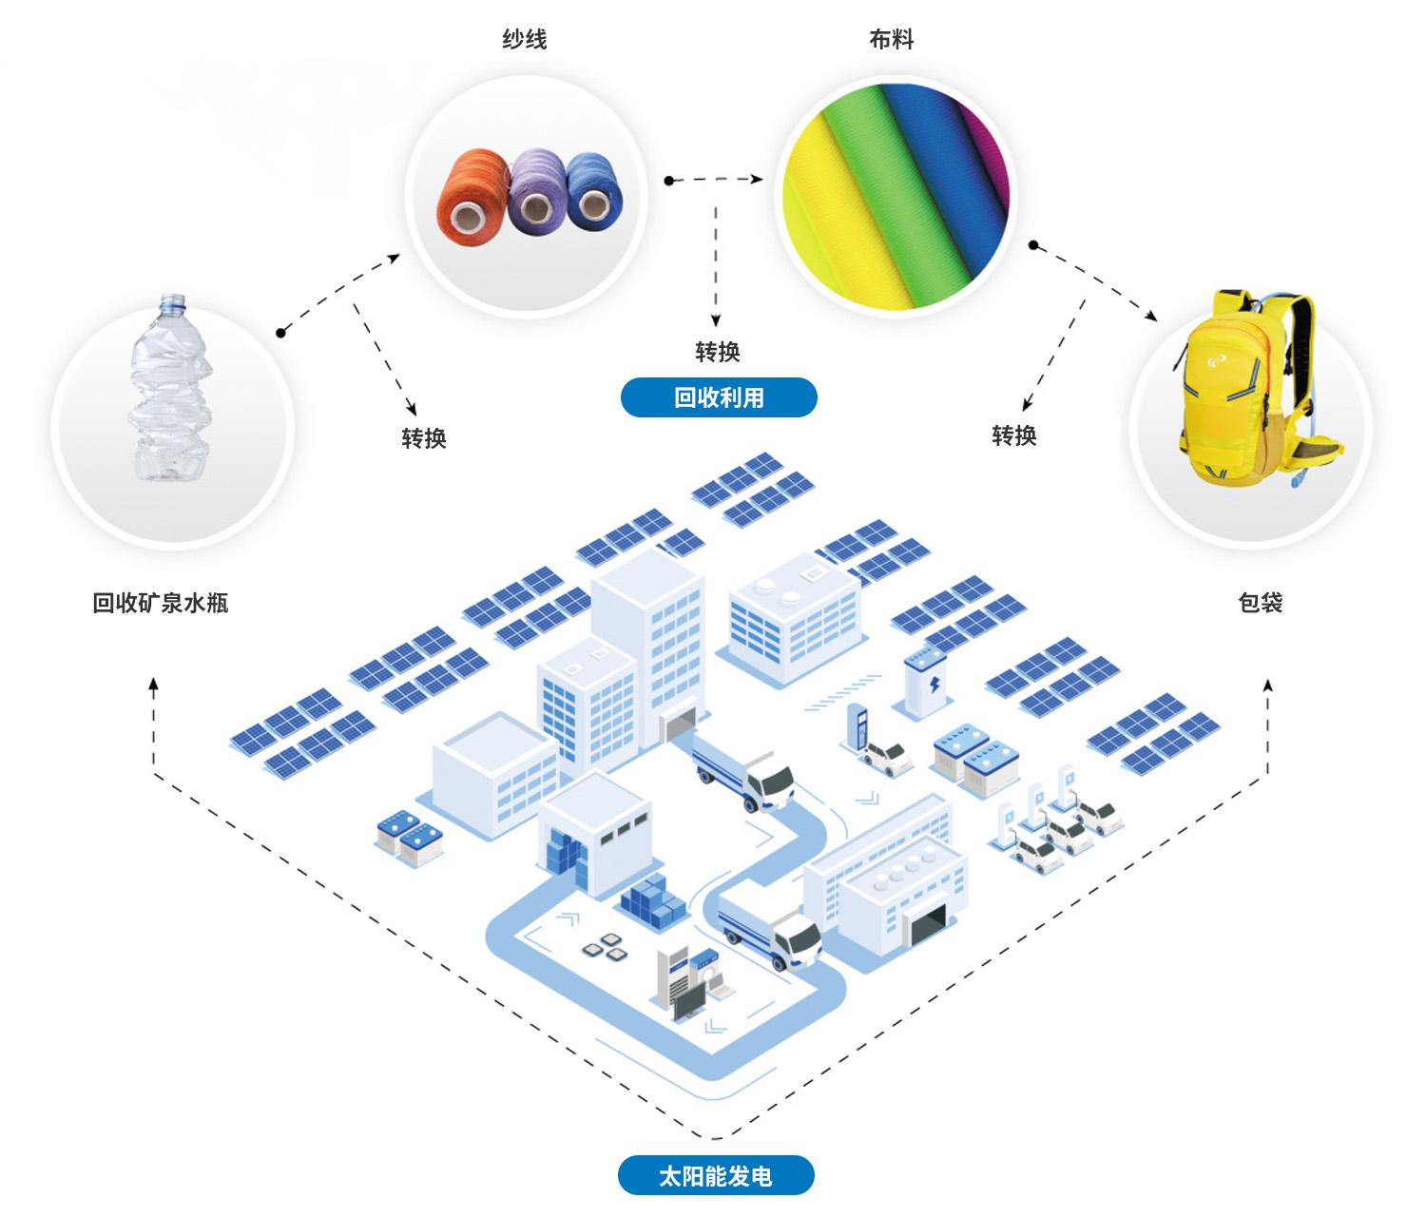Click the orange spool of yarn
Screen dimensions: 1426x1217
pos(472,198)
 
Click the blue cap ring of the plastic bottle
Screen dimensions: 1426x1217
pos(172,301)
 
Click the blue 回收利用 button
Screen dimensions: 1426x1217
pos(719,397)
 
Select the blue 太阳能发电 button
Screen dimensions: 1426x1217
pos(716,1176)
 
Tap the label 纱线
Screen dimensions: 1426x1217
pos(525,39)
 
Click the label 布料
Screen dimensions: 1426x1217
pos(892,39)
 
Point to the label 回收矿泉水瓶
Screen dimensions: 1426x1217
pos(160,603)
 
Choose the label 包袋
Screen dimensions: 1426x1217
pos(1261,603)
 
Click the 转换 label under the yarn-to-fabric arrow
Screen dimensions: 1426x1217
pos(718,352)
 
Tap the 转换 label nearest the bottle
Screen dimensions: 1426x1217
pos(424,438)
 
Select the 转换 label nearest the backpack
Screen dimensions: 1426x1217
pos(1014,435)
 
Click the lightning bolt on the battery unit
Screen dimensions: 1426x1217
pos(935,686)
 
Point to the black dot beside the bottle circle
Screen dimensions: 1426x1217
pos(280,333)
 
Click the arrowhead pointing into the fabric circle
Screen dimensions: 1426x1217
pos(758,179)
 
